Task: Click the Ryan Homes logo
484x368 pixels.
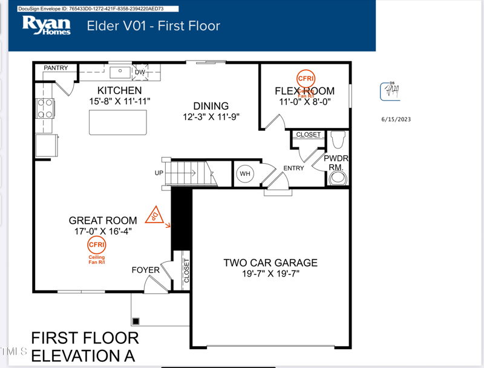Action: point(46,25)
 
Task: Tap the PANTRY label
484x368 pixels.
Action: point(56,69)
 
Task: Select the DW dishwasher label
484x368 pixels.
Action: point(140,72)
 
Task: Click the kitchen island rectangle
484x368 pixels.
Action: point(118,123)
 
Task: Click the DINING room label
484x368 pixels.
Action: point(211,106)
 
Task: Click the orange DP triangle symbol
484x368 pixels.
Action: point(157,215)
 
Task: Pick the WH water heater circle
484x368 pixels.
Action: point(245,174)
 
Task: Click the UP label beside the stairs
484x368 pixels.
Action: point(160,173)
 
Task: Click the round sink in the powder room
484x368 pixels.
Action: point(337,178)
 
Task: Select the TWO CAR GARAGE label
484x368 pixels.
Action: point(270,263)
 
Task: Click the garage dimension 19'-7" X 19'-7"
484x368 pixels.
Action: point(270,273)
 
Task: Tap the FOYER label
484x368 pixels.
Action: point(145,270)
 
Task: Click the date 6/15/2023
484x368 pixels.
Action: point(396,119)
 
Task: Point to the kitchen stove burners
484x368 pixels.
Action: point(45,108)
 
